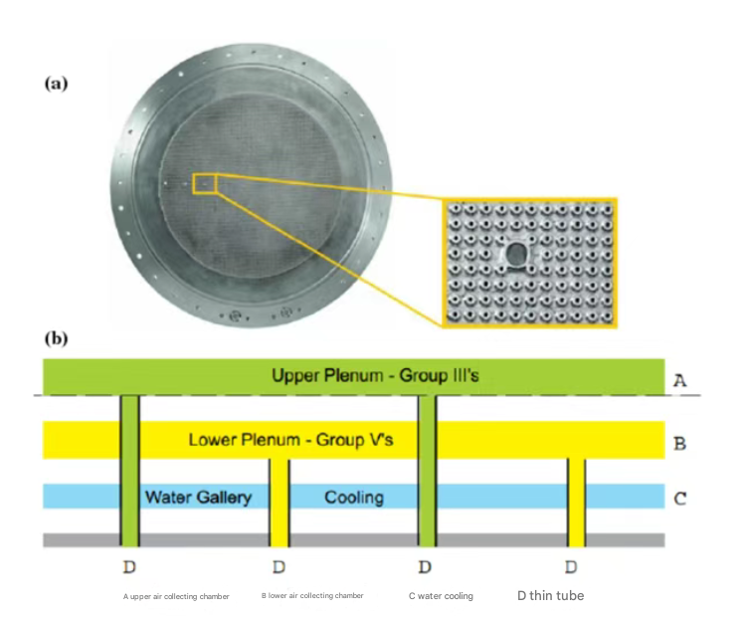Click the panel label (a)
pos(56,84)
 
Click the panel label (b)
pos(56,338)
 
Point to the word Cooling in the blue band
pos(353,497)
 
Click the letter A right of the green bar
pos(680,379)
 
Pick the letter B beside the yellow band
pos(680,443)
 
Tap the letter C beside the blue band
pos(680,497)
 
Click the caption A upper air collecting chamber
pos(176,596)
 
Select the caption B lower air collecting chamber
pos(312,596)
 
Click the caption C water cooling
pos(441,596)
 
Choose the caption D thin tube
pos(550,596)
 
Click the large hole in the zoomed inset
pos(517,257)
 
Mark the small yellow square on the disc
pos(204,184)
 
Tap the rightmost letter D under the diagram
pos(571,567)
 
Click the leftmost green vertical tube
pos(129,468)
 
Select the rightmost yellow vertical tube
pos(576,503)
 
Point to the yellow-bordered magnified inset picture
pos(528,261)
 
